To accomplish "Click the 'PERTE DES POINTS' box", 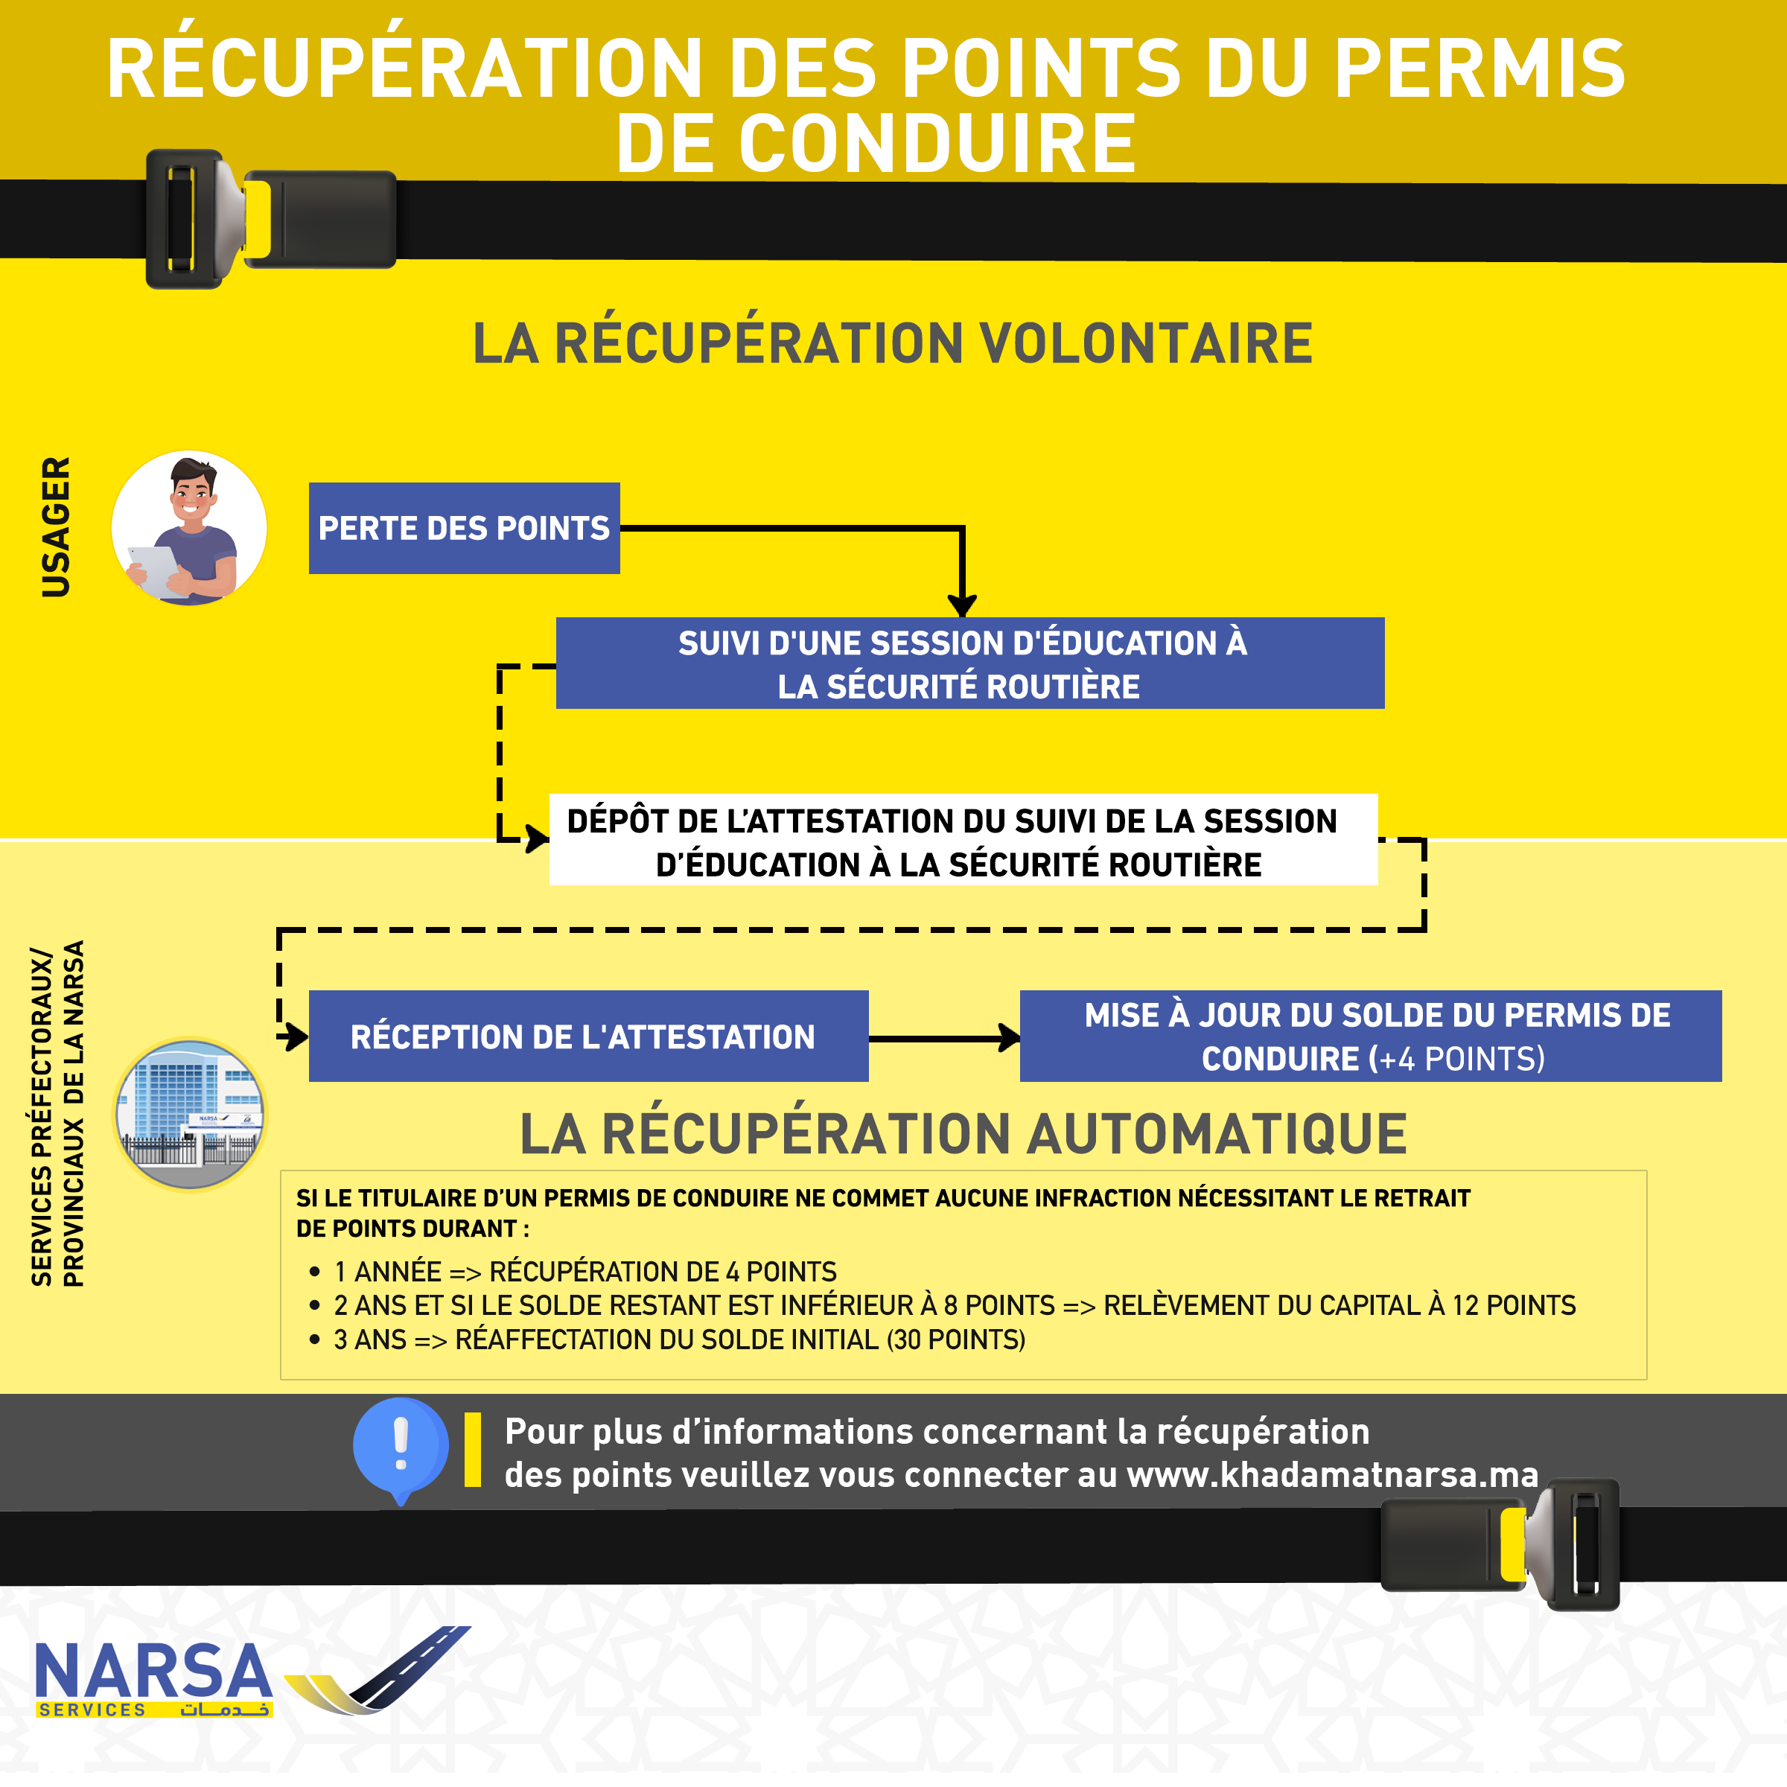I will click(463, 528).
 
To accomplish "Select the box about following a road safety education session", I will click(969, 663).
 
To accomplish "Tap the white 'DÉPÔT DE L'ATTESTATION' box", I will click(962, 840).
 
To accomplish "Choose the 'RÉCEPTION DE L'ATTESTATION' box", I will click(588, 1036).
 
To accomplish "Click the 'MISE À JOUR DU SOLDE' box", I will click(1370, 1036).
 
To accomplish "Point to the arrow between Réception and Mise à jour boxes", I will click(943, 1038).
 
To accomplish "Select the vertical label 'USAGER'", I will click(57, 526).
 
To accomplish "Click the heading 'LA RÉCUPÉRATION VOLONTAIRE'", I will click(893, 343).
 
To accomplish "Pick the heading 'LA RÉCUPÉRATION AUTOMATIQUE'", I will click(963, 1133).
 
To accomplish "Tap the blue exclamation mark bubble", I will click(401, 1446).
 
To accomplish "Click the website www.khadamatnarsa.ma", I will click(1332, 1475).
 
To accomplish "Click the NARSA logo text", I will click(153, 1672).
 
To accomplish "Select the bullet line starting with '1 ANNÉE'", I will click(584, 1272).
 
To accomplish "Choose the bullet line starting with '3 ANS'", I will click(679, 1340).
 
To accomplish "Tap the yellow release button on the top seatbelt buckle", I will click(258, 218).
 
